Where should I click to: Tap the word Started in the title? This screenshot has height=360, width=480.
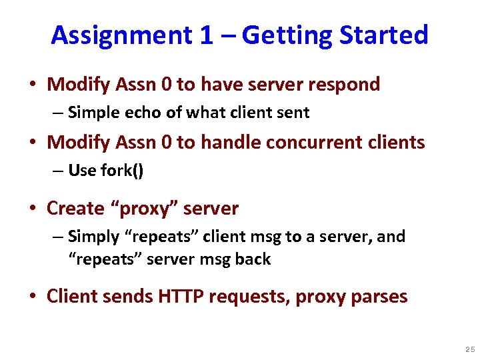(x=385, y=35)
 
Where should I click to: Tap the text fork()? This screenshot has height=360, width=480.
(x=122, y=171)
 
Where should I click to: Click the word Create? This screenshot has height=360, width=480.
(x=75, y=209)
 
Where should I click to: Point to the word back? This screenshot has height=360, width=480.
(x=253, y=259)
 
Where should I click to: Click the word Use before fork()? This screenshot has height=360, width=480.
(x=83, y=171)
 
